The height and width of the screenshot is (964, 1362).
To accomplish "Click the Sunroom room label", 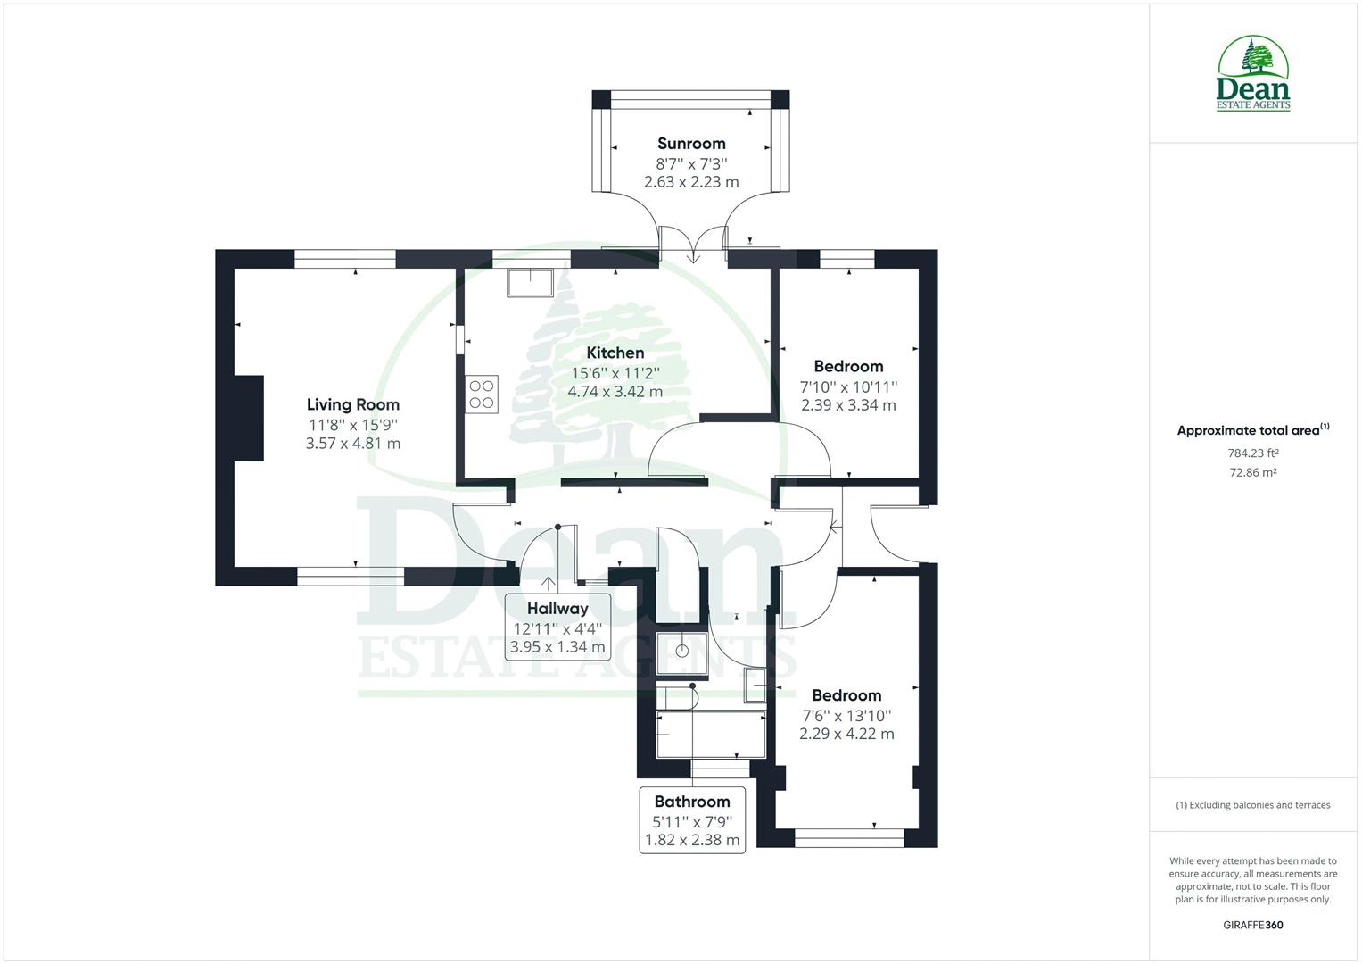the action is click(691, 144).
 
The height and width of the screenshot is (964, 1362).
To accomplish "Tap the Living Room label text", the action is click(353, 405).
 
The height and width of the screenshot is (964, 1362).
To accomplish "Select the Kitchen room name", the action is click(615, 353).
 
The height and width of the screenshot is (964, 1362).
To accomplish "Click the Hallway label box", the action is click(557, 627).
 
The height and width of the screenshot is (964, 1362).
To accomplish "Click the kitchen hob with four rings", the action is click(482, 394).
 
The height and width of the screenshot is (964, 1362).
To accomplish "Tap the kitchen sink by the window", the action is click(531, 282).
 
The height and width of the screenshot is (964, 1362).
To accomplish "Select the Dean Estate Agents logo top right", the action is click(1253, 74).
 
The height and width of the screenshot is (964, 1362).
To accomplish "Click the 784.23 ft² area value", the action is click(1252, 453).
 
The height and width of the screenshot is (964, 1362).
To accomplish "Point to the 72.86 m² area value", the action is click(1252, 473).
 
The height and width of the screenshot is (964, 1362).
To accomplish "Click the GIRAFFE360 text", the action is click(1252, 925).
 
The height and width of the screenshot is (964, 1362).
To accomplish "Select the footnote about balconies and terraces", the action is click(1252, 805).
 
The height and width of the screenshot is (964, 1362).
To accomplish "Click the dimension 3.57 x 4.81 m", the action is click(353, 444).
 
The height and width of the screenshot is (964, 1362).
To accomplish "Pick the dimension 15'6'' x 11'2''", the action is click(615, 373).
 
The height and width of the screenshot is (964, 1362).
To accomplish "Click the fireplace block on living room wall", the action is click(249, 418).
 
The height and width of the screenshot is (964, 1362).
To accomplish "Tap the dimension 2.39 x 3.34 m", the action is click(848, 405).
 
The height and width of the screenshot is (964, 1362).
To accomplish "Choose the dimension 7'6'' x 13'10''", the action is click(846, 716).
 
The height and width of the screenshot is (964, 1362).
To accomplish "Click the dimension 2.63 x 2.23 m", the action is click(691, 182).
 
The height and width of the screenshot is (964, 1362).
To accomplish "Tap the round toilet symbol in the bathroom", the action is click(682, 651).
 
